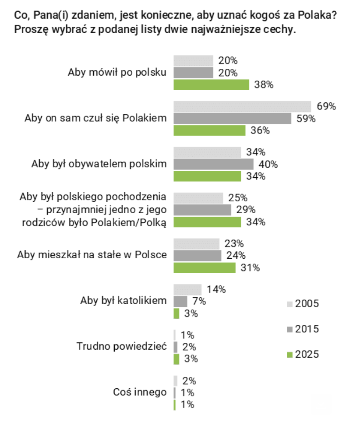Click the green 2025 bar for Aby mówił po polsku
coord(212,85)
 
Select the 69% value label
coord(326,106)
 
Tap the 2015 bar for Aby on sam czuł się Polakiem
coord(232,119)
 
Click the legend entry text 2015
coord(307,329)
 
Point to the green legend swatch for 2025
coord(289,355)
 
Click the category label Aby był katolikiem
coord(124,301)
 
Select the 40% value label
coord(268,164)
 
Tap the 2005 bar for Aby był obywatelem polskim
coord(207,152)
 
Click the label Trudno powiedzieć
coord(122,347)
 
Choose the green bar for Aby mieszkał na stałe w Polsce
coord(205,268)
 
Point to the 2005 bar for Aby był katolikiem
coord(187,289)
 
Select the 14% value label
coord(216,289)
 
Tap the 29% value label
coord(246,210)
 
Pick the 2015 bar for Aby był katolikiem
coord(180,301)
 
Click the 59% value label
coord(306,119)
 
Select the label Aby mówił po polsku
coord(117,73)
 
